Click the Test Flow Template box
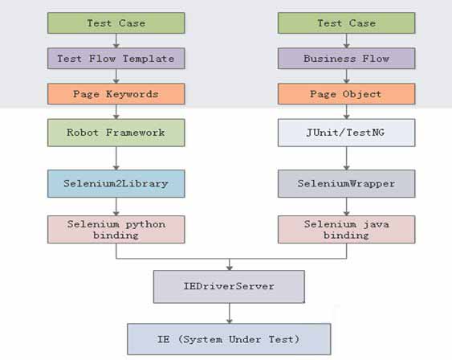(116, 59)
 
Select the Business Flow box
(347, 59)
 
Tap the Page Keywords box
(116, 94)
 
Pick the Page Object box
(347, 94)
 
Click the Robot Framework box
(116, 133)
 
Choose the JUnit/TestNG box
(347, 133)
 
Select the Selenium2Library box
(116, 183)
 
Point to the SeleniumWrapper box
(347, 183)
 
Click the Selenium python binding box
(116, 230)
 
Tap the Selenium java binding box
(347, 230)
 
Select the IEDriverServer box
(229, 287)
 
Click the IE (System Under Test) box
(229, 339)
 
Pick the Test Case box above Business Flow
(347, 23)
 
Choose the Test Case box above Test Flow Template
(116, 23)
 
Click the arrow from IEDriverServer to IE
(230, 313)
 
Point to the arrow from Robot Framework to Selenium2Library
(116, 158)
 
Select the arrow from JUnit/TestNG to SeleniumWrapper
(347, 158)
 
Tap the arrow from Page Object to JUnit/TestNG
(347, 112)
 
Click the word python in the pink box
(145, 224)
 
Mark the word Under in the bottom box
(245, 339)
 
